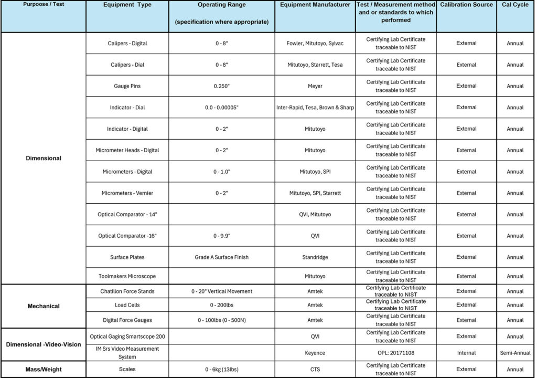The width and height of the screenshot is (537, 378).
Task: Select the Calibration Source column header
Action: coord(466,5)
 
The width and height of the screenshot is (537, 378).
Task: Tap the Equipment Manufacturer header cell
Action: coord(315,5)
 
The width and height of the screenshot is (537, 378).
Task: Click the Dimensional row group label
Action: coord(44,158)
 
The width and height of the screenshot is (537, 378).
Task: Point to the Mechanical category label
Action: coord(44,306)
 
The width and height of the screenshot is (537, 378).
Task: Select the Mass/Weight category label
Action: coord(44,370)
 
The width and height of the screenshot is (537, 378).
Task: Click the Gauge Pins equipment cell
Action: coord(127,86)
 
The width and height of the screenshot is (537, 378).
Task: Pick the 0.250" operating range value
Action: coord(221,86)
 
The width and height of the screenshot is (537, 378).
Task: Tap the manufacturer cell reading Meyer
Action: coord(315,86)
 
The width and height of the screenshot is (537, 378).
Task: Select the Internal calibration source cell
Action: coord(466,353)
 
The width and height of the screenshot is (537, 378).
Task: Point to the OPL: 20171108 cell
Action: coord(396,353)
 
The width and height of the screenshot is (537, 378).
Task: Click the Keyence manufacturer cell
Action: coord(315,353)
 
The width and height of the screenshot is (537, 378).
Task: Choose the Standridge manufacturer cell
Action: coord(315,257)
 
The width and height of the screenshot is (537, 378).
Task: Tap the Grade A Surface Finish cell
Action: coord(221,257)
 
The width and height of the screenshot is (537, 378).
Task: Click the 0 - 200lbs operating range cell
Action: coord(221,305)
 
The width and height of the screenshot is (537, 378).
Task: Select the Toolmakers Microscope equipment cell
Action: coord(127,276)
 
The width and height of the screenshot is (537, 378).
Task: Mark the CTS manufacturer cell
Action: coord(315,370)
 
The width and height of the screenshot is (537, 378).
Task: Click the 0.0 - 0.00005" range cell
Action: coord(221,108)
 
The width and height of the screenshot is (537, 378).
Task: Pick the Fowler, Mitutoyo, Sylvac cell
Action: coord(315,44)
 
